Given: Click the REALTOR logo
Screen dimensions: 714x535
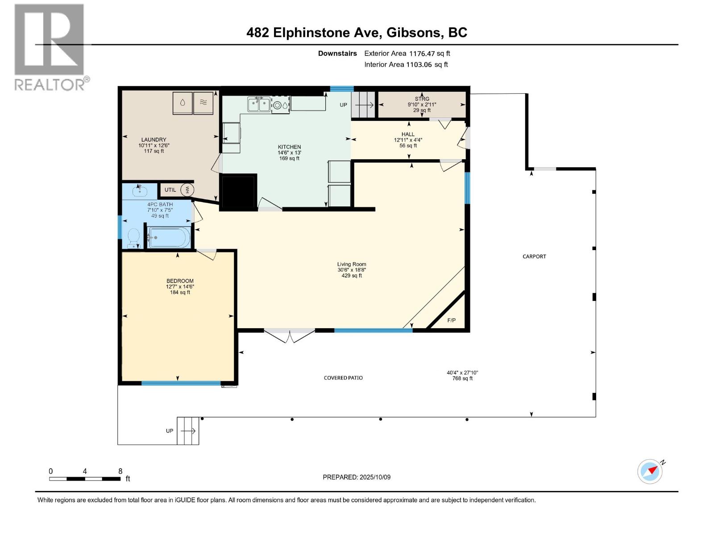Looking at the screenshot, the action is click(x=51, y=47).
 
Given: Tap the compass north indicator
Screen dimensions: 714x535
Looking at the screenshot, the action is click(x=650, y=471).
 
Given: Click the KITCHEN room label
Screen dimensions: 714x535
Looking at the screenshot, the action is click(x=289, y=147).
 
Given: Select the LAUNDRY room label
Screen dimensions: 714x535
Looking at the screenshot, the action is click(x=154, y=140).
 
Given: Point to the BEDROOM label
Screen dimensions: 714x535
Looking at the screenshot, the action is click(x=180, y=281).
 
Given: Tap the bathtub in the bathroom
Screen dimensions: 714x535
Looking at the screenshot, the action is click(x=169, y=238).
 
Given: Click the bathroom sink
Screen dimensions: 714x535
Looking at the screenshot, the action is click(x=140, y=191).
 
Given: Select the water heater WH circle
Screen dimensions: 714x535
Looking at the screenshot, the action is click(x=187, y=190).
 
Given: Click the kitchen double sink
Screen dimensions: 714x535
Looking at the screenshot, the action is click(x=259, y=104).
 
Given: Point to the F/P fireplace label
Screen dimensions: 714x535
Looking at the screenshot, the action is click(x=451, y=320).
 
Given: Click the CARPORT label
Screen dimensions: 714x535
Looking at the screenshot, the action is click(x=534, y=257).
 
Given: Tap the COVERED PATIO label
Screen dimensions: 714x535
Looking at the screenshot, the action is click(x=343, y=378).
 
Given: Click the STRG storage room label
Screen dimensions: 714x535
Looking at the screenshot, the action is click(x=422, y=99).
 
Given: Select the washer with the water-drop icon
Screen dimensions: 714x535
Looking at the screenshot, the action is click(x=183, y=103).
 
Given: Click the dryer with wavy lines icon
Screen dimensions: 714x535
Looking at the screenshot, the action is click(x=203, y=103).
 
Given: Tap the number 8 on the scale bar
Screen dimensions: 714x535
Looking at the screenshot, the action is click(x=120, y=471).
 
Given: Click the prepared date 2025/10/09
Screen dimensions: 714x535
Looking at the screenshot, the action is click(x=375, y=477).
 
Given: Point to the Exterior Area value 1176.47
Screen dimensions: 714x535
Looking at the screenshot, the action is click(x=422, y=53).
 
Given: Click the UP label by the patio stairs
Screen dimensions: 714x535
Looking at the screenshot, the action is click(x=170, y=431).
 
